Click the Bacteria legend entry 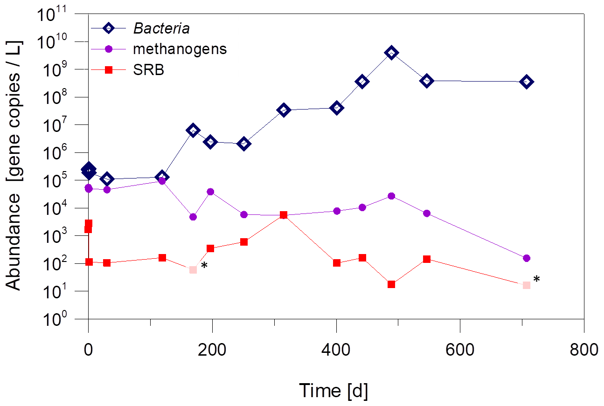[161, 28]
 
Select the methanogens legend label [180, 49]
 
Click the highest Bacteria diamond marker [391, 53]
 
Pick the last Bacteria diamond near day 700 [527, 82]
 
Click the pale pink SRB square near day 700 [527, 285]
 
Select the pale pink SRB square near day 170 [193, 269]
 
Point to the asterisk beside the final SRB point [537, 280]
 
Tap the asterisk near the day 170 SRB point [204, 266]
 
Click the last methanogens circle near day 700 [527, 258]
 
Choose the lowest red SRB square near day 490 [391, 284]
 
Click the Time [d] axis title [333, 390]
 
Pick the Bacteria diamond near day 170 [193, 130]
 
